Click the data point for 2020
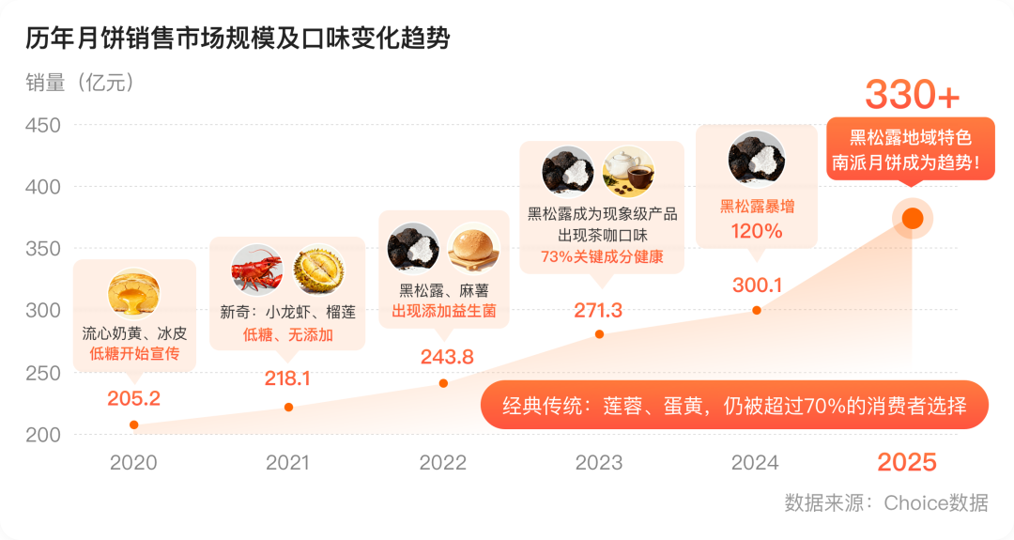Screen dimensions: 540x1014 134,424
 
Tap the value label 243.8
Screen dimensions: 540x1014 448,356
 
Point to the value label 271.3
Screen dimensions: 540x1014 598,310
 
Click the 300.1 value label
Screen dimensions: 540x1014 757,285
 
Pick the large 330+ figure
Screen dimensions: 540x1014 912,95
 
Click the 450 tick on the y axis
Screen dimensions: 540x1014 41,125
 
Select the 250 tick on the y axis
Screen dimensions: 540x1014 41,373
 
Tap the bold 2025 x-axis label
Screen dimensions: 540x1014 907,462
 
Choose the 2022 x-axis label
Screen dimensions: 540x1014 443,462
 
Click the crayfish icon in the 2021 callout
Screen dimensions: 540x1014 256,270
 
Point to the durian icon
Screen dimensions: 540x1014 319,270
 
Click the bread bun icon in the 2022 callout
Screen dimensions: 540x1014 474,247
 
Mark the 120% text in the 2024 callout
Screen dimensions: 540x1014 757,231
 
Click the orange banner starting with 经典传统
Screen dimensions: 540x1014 734,406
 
